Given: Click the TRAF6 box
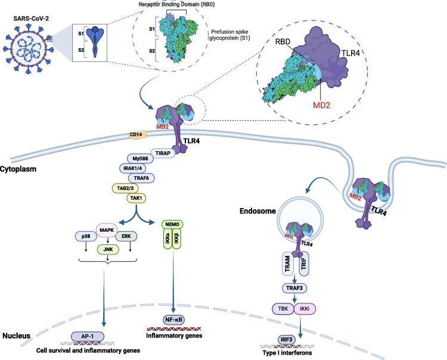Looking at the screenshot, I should (x=142, y=178).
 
